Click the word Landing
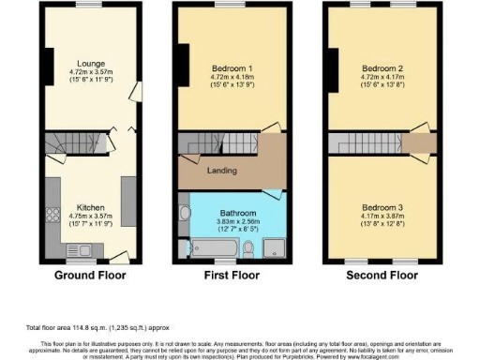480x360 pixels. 221,172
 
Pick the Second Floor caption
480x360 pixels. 382,277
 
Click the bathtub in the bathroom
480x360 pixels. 211,248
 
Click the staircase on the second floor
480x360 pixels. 362,143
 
